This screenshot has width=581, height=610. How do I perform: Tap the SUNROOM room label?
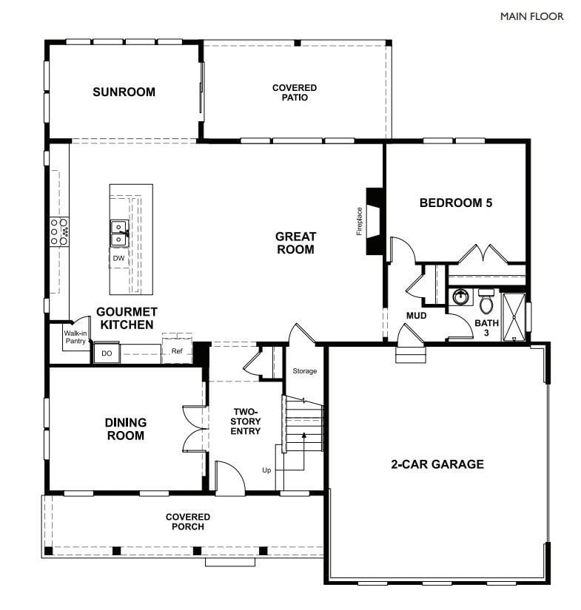point(124,92)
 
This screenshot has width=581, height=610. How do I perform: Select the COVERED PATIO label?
point(294,92)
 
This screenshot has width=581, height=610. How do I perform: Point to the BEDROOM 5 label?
point(455,203)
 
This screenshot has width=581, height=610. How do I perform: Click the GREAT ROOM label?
point(295,243)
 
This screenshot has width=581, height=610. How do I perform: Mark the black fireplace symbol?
point(376,221)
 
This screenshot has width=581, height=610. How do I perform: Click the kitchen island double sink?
point(118,233)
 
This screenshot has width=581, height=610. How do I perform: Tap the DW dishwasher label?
point(118,258)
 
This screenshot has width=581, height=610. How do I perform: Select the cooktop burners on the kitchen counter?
point(59,231)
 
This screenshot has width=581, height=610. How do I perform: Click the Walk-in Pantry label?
point(75,337)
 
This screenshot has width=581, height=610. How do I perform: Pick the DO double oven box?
point(107,354)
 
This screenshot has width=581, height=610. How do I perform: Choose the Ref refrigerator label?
point(176,351)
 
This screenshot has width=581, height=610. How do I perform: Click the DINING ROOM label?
point(125,429)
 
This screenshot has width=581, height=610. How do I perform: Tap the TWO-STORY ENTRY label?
point(246,421)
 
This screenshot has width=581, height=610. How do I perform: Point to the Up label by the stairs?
point(266,470)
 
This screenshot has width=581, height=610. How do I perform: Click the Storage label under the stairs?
point(304,370)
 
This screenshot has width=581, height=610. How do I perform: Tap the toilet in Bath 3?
point(486,302)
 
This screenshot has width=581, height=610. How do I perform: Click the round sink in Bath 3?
point(460,297)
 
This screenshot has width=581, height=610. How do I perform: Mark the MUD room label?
point(416,316)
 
